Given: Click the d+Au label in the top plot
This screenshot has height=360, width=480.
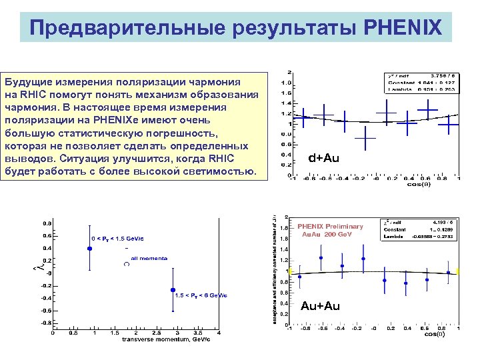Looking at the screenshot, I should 325,158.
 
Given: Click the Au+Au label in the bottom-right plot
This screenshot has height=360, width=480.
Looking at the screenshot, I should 320,306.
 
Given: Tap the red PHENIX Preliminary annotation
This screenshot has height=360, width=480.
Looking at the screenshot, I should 330,226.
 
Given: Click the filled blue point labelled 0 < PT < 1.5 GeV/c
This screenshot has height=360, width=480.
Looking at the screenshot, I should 89,248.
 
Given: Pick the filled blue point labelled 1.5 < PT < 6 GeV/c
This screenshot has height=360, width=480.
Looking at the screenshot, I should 173,290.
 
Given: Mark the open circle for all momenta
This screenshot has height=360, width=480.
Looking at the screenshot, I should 127,264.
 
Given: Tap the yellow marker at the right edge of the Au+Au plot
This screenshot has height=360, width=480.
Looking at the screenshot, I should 459,271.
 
